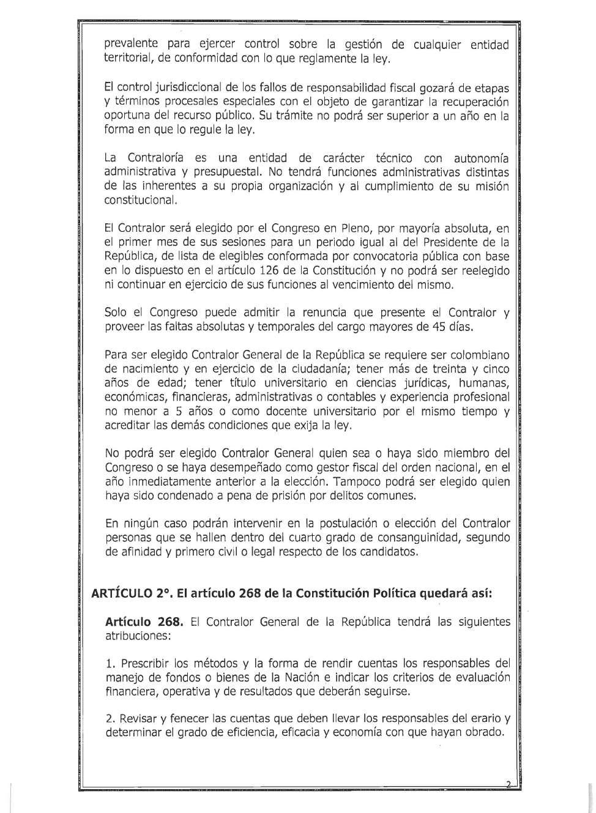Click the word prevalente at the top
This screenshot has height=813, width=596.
tap(132, 45)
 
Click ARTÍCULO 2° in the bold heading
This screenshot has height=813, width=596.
tap(130, 593)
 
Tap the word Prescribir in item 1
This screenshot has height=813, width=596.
tap(145, 663)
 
